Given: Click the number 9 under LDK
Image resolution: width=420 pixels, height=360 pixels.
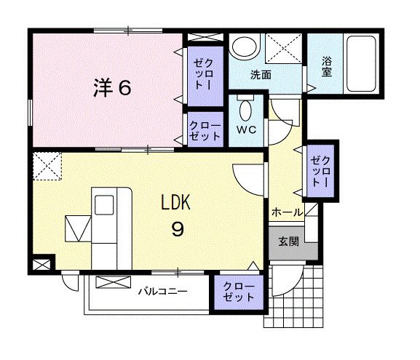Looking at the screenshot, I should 177,229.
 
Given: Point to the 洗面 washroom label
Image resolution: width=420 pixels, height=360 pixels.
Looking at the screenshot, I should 261,74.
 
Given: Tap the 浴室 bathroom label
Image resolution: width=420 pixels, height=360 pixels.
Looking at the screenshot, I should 326,67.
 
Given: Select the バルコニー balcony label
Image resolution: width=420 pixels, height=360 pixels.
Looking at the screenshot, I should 163,292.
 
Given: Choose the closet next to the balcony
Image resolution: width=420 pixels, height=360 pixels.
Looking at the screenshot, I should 239,292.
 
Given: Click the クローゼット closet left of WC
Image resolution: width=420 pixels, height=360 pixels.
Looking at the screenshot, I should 205,131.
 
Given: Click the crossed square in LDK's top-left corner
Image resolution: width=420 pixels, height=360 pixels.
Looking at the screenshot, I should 47,165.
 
